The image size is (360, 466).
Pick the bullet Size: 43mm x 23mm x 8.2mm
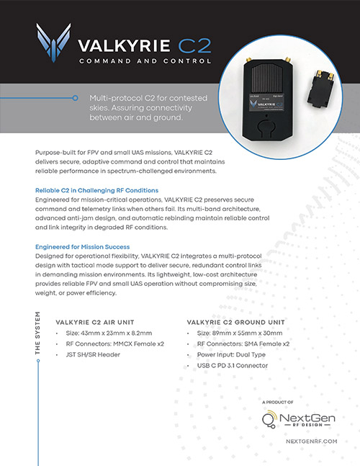coord(109,333)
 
